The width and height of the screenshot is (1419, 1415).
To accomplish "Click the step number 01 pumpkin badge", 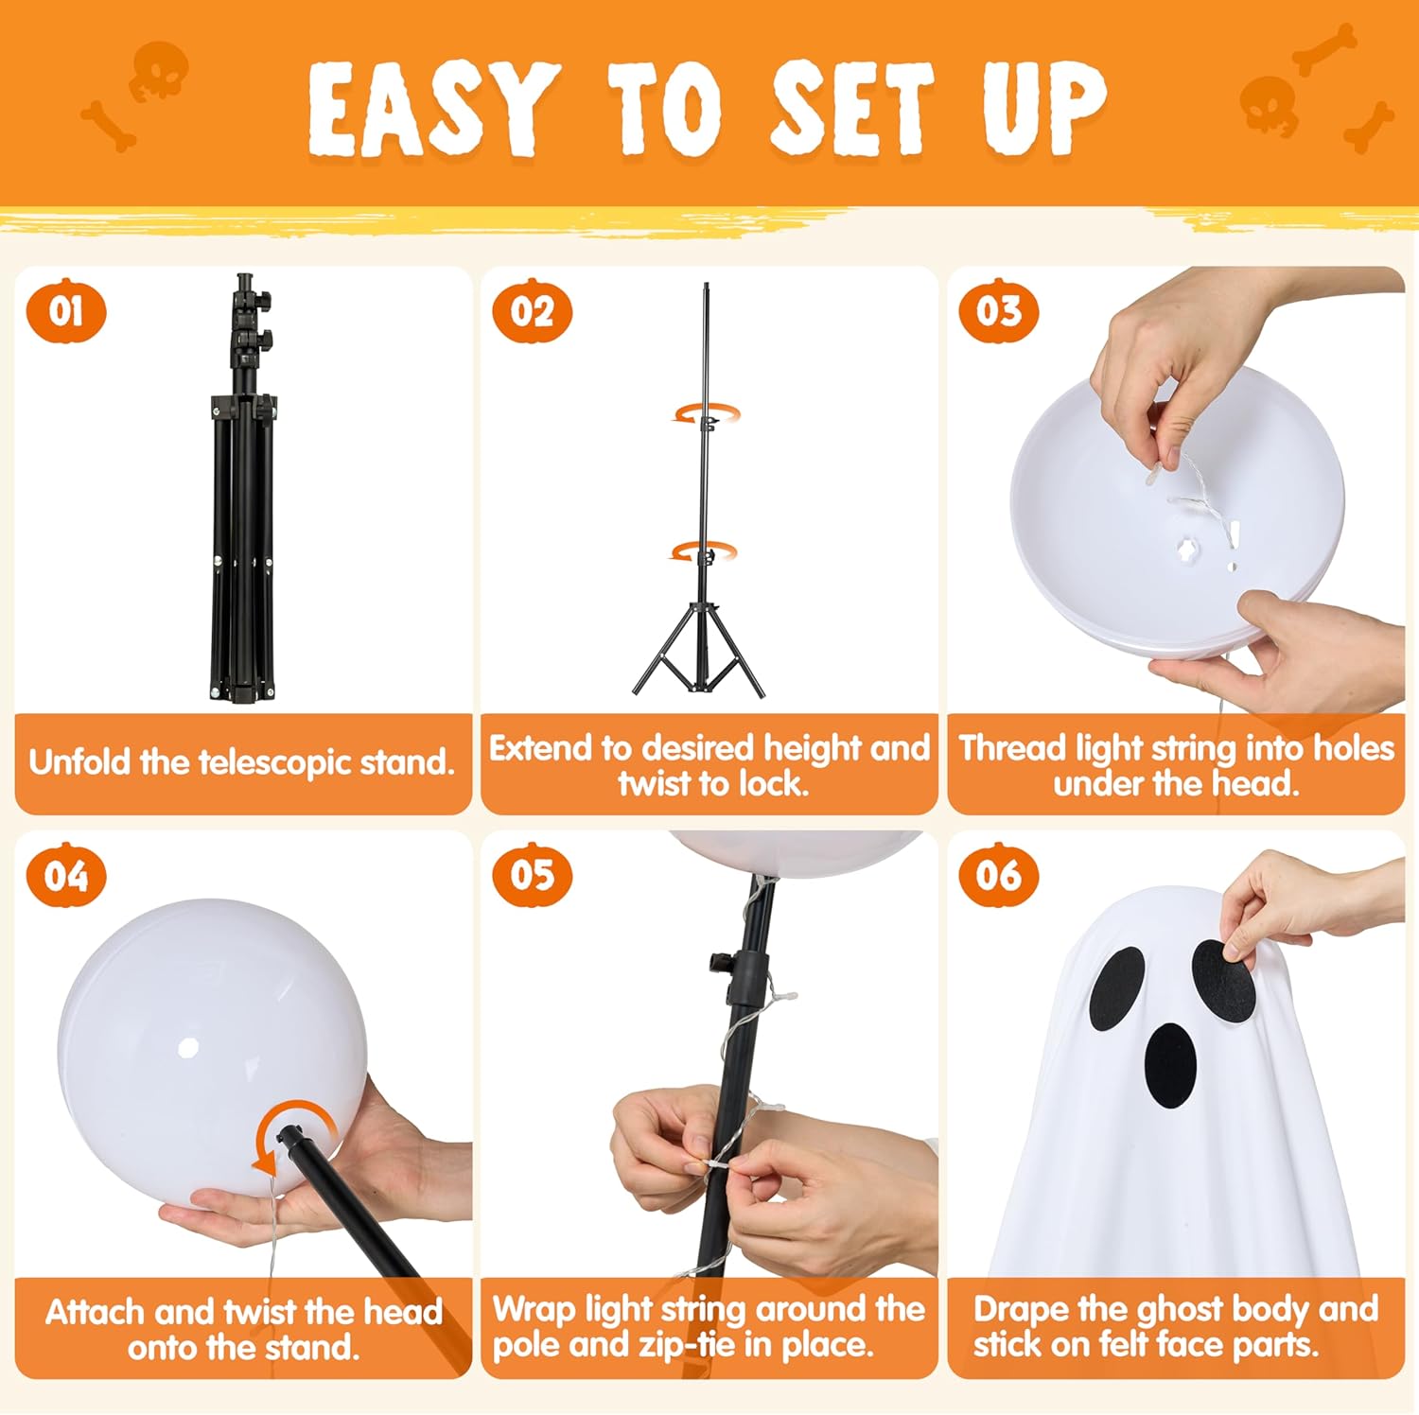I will (65, 310).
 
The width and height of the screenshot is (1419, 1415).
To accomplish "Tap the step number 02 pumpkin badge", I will (532, 310).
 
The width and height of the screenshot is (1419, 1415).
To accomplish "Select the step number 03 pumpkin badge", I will (999, 310).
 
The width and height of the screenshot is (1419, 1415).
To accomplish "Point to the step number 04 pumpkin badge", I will (65, 875).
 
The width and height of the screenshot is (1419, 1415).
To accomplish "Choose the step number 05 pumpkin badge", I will (532, 875).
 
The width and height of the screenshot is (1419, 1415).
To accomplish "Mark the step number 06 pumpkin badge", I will (999, 875).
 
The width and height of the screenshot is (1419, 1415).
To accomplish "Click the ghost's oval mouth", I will (1171, 1064).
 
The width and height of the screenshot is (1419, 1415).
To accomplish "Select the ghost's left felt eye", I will (1116, 988).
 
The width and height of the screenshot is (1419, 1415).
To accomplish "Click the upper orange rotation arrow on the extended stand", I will (706, 414).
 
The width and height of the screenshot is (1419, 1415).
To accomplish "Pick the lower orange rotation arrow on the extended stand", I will (704, 551).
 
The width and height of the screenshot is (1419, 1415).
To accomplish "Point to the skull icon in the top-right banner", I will (1268, 104).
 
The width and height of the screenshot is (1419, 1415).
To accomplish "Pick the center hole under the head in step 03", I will (1186, 548).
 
